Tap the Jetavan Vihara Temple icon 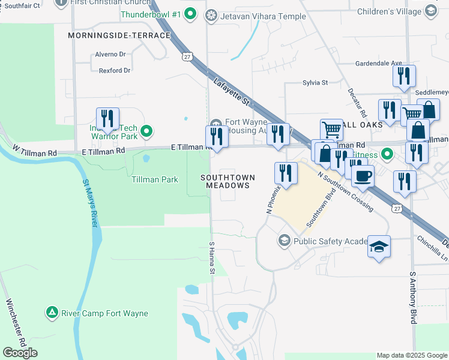(211, 16)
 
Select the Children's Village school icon (430, 11)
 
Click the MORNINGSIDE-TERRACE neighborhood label (119, 36)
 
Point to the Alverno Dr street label (110, 55)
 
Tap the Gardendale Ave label (378, 63)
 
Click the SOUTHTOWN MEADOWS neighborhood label (228, 182)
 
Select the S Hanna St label (212, 259)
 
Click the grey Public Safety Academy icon (284, 241)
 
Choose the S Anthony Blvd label (413, 298)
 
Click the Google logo (20, 353)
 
